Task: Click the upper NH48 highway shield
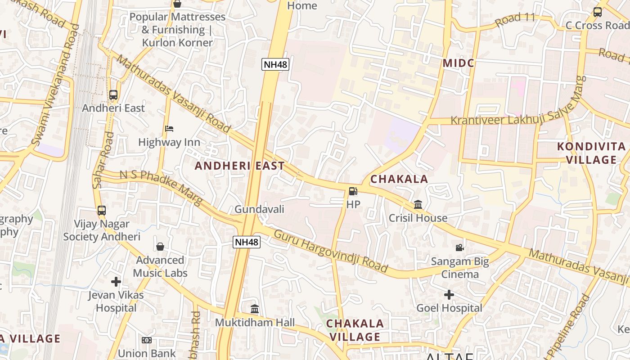[x=275, y=64]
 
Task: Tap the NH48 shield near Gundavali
[x=247, y=242]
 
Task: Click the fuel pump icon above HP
[x=353, y=191]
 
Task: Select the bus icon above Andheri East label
[x=113, y=95]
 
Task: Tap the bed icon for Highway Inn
[x=169, y=129]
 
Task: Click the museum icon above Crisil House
[x=418, y=205]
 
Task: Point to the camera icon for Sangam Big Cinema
[x=459, y=248]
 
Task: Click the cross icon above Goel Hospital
[x=449, y=295]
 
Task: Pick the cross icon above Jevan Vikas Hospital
[x=116, y=282]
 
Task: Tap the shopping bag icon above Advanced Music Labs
[x=160, y=247]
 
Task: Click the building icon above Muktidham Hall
[x=255, y=309]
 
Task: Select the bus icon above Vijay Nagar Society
[x=102, y=210]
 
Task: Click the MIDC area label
[x=459, y=63]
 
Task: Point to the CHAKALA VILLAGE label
[x=355, y=330]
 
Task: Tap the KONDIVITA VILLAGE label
[x=591, y=153]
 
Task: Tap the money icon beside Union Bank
[x=147, y=340]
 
